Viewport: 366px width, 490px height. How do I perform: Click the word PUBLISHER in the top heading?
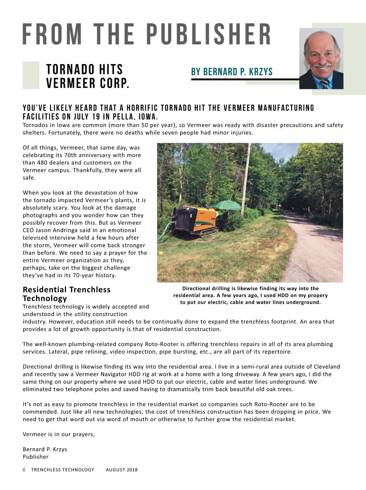coord(209,34)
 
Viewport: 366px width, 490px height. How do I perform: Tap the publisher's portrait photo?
coord(321,59)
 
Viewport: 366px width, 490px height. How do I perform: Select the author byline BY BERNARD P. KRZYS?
coord(232,72)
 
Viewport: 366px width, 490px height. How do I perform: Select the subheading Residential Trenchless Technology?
coord(66,294)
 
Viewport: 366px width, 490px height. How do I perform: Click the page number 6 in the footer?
coord(24,470)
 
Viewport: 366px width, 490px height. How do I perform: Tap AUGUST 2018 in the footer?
coord(122,470)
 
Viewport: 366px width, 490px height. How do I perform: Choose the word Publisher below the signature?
coord(36,457)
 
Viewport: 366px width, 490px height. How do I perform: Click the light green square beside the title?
coord(31,75)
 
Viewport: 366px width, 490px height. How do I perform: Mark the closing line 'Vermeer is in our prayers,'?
coord(59,434)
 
